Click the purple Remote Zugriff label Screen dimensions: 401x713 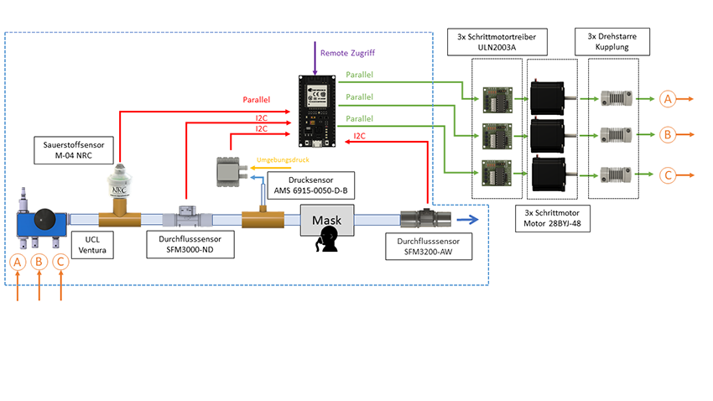coord(347,53)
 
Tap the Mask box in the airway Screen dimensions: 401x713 coord(326,221)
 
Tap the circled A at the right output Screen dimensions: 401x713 coord(668,98)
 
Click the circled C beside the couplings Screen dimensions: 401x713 coord(668,176)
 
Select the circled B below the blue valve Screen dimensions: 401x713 coord(39,263)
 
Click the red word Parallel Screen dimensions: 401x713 coord(257,100)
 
